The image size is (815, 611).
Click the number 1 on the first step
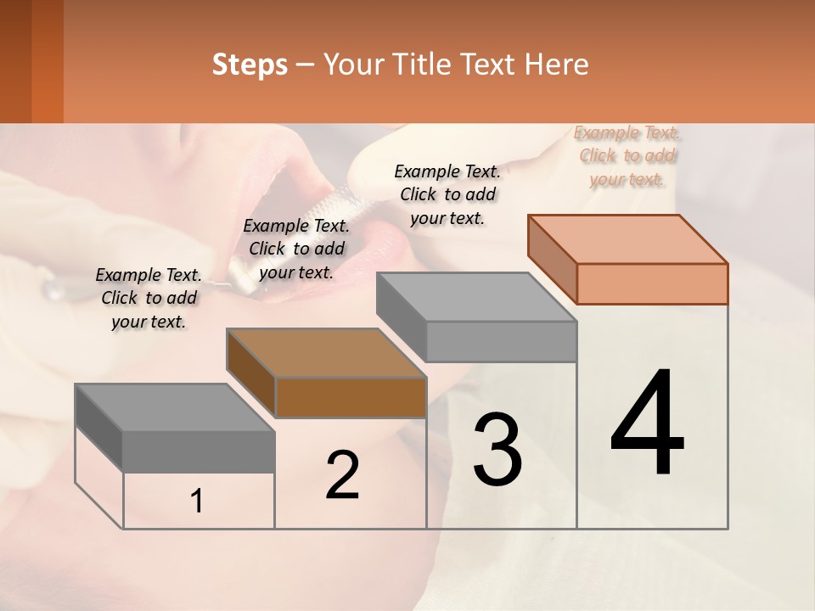pos(197,502)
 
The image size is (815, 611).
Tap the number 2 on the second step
pos(342,475)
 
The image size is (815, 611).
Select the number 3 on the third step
pos(497,450)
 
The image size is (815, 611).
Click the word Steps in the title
pos(250,64)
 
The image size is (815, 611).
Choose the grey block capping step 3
pos(478,318)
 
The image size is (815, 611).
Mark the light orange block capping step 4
pos(629,261)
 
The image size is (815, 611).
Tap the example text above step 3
pos(447,194)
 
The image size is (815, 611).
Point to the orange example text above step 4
pos(627,156)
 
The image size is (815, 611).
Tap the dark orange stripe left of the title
pos(47,61)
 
